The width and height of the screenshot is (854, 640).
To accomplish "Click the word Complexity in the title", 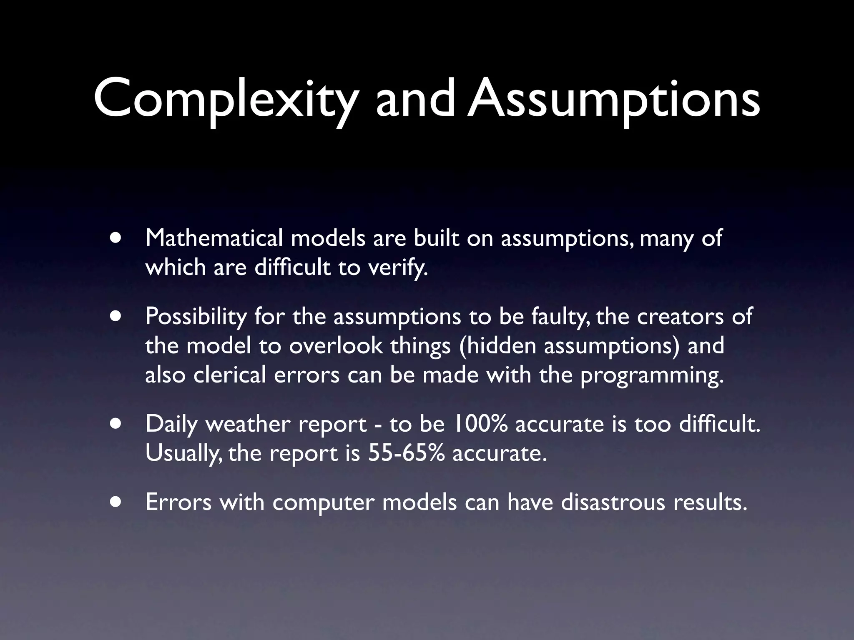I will pos(226,99).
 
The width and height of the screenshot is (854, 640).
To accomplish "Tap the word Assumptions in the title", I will pos(613,99).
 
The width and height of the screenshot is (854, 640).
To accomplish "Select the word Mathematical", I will pos(214,238).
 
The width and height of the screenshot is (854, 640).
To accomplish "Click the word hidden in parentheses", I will pos(498,346).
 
